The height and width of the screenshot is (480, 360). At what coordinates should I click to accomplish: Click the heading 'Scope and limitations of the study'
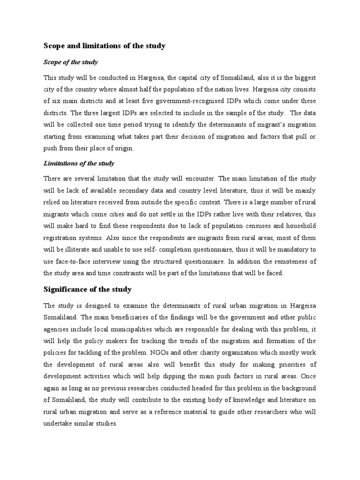[x=105, y=46]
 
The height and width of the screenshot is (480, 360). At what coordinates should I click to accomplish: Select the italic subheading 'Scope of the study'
[x=70, y=62]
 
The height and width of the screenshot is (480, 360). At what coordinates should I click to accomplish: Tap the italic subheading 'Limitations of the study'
[x=79, y=164]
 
